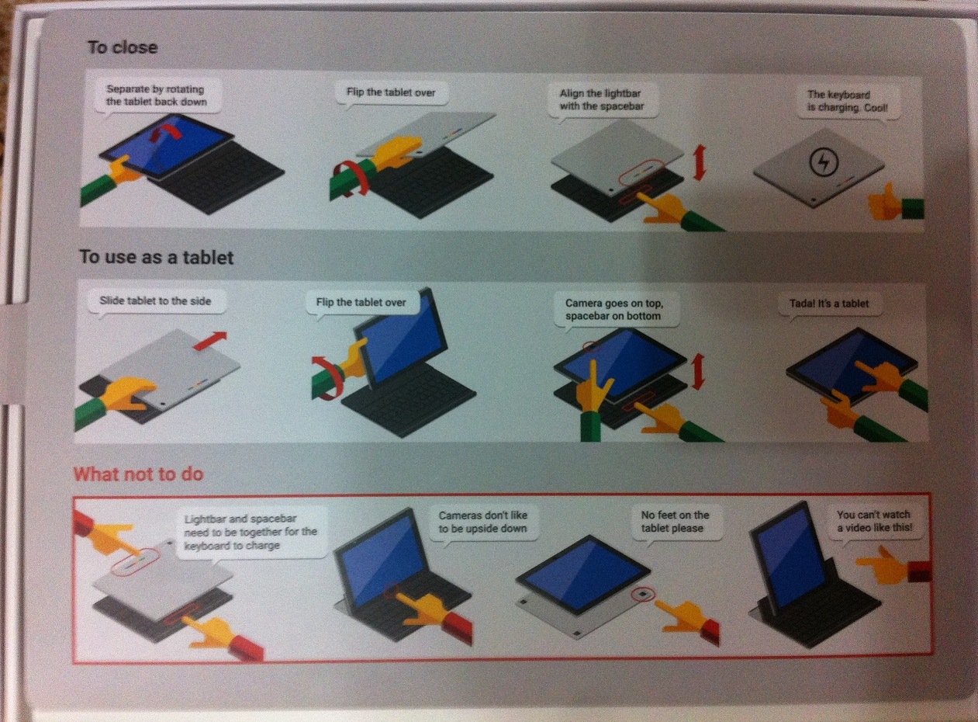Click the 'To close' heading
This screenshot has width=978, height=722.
pyautogui.click(x=123, y=47)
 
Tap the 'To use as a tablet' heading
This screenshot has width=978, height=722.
pyautogui.click(x=156, y=257)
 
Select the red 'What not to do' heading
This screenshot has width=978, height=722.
pyautogui.click(x=138, y=474)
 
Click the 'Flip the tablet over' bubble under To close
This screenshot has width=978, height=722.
pyautogui.click(x=391, y=93)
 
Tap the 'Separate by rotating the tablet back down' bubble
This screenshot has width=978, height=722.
pyautogui.click(x=156, y=96)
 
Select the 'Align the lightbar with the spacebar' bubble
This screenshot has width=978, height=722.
pyautogui.click(x=603, y=100)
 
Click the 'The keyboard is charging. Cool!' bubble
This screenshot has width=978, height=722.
pyautogui.click(x=848, y=102)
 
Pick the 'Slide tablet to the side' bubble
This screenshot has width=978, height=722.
pyautogui.click(x=157, y=301)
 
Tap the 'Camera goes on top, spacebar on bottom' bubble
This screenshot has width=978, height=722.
pyautogui.click(x=616, y=311)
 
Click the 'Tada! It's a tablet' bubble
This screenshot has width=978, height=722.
pyautogui.click(x=829, y=304)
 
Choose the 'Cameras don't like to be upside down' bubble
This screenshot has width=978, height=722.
pyautogui.click(x=483, y=522)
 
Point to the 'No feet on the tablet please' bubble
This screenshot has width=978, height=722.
pyautogui.click(x=675, y=522)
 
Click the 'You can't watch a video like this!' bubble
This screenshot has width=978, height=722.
pyautogui.click(x=875, y=522)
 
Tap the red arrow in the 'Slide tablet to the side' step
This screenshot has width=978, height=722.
pyautogui.click(x=210, y=341)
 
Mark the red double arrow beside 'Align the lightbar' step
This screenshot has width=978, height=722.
pyautogui.click(x=699, y=162)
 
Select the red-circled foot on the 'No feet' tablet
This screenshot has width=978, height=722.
pyautogui.click(x=644, y=594)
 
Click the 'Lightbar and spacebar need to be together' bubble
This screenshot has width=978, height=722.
pyautogui.click(x=251, y=533)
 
